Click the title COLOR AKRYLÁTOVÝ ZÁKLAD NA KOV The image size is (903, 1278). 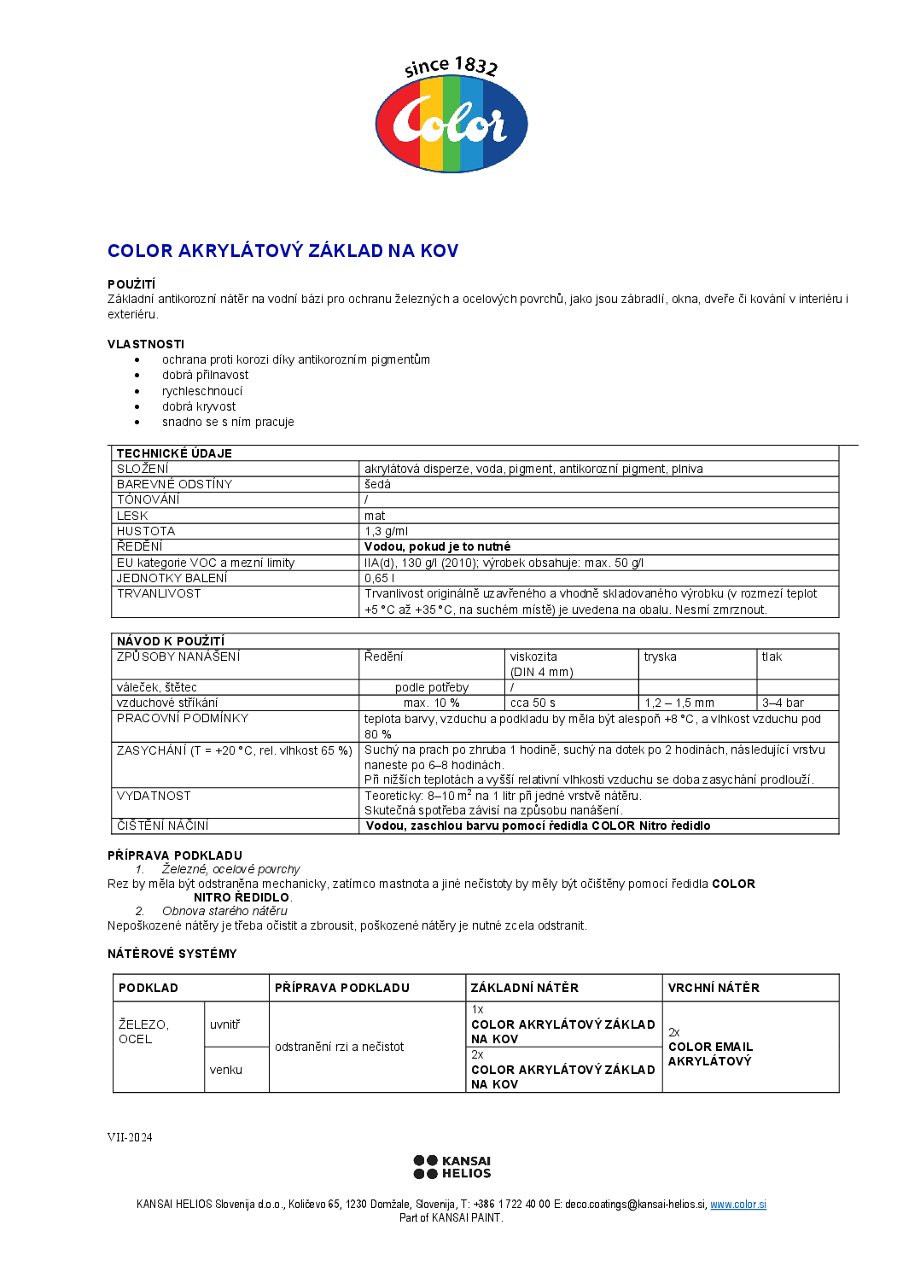[x=283, y=251]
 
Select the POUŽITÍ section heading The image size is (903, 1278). [x=131, y=284]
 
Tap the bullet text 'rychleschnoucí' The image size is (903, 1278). [x=202, y=391]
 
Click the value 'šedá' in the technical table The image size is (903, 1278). [x=377, y=484]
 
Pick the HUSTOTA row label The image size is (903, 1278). [x=146, y=531]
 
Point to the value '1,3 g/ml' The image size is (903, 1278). [x=386, y=531]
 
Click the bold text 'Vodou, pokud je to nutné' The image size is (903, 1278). [x=437, y=546]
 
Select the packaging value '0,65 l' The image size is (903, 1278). [x=379, y=578]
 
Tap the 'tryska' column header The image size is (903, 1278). [x=660, y=657]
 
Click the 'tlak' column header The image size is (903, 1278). [x=772, y=657]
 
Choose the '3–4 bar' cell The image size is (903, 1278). [x=783, y=703]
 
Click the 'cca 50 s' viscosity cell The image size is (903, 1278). [x=533, y=703]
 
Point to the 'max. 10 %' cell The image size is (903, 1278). [x=431, y=703]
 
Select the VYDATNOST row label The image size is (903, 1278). [x=154, y=796]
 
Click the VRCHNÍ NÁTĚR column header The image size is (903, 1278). [x=714, y=988]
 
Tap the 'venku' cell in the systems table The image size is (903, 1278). [x=226, y=1070]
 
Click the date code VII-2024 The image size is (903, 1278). [x=130, y=1137]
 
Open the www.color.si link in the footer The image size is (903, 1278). [x=738, y=1205]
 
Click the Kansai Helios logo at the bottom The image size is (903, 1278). [x=451, y=1167]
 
